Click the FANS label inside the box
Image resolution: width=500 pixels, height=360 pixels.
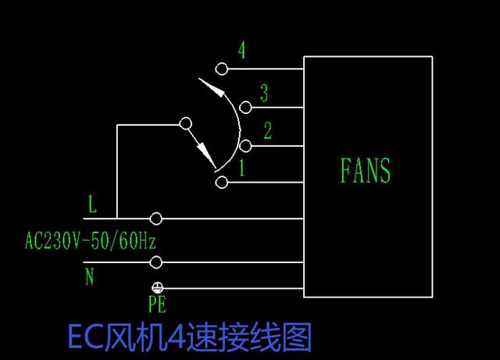coord(366,170)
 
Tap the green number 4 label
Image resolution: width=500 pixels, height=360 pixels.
coord(242,51)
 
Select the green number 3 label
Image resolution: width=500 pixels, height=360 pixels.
coord(264,94)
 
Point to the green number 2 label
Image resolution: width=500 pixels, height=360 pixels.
coord(267,130)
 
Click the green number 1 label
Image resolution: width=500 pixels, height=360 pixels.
coord(242,166)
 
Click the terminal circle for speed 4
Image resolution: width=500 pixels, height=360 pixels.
coord(222,70)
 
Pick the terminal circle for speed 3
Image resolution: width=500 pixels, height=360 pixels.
coord(246,107)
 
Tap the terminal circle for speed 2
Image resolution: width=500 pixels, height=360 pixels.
coord(246,145)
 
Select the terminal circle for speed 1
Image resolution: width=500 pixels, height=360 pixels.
coord(222,183)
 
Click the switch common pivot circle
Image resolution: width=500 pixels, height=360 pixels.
coord(185,123)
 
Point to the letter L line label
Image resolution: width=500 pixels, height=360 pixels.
coord(92,205)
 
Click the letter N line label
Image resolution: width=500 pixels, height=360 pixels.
coord(90,276)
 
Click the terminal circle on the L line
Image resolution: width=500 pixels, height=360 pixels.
coord(156,218)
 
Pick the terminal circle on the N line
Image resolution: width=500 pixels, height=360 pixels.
coord(156,262)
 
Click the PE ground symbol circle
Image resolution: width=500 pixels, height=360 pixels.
coord(156,288)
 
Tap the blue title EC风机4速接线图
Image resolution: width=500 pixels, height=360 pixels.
coord(190,338)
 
